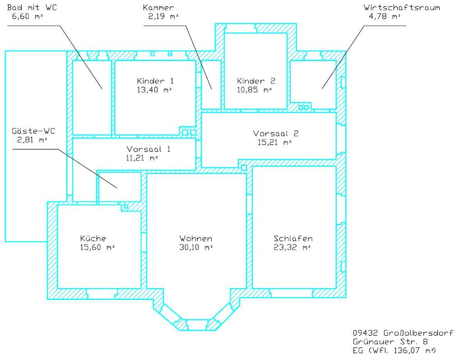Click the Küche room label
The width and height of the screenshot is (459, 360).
point(93,238)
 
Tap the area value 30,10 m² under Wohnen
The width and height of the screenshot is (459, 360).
point(196,247)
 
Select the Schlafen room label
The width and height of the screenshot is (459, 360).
point(293,238)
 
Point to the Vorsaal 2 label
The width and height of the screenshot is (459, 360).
point(276,134)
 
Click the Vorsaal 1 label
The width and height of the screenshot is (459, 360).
point(148,149)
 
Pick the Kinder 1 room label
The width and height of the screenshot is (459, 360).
point(155,81)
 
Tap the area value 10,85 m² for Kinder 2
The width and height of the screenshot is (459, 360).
point(255,90)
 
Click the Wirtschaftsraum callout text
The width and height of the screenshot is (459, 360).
point(402,8)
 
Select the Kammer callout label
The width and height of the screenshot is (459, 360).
point(158,8)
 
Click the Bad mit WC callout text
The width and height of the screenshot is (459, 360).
point(32,8)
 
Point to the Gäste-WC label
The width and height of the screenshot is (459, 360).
point(33,131)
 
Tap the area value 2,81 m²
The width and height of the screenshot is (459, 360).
point(32,140)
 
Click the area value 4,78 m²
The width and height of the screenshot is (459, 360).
point(385,16)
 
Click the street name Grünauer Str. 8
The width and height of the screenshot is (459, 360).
point(390,342)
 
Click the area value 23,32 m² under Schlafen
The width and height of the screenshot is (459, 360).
point(292,247)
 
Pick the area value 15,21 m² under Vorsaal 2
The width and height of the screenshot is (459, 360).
point(274,143)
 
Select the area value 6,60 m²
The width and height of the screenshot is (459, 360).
point(28,16)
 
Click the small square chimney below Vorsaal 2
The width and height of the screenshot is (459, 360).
point(244,168)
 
